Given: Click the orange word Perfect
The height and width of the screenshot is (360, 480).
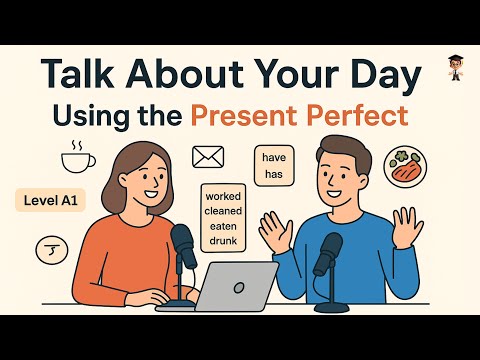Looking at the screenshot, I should (x=365, y=115).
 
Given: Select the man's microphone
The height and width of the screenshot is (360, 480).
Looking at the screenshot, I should (x=327, y=254).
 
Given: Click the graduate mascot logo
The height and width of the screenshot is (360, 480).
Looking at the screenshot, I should (x=455, y=67).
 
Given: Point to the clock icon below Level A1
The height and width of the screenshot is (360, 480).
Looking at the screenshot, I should (x=48, y=248).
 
